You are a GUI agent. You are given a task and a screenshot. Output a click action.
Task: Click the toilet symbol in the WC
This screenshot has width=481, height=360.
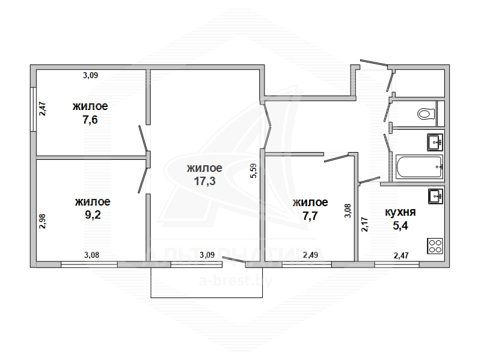[x=426, y=114]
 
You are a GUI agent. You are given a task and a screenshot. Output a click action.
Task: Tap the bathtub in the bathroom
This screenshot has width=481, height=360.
[x=419, y=167]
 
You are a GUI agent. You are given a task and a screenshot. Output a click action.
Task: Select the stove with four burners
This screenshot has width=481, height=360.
[x=435, y=246]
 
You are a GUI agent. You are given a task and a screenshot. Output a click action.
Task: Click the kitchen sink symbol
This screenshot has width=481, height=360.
[x=435, y=197]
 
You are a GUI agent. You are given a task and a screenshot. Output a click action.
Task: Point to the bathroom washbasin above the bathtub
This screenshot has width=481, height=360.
[x=435, y=142]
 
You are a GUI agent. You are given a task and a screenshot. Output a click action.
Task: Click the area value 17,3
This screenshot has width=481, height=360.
[x=204, y=182]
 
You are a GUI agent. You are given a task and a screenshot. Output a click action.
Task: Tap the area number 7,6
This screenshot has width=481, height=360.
[x=90, y=120]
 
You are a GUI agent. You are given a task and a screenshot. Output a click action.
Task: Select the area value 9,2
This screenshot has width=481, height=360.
[x=93, y=215]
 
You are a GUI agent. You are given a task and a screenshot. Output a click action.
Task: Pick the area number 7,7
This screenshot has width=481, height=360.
[x=310, y=216]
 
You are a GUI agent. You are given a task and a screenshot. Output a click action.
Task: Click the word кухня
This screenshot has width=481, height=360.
[x=400, y=212]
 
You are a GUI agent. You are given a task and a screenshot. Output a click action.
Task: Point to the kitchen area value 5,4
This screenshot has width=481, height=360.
[x=400, y=226]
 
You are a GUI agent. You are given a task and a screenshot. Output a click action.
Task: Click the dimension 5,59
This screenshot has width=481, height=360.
[x=254, y=171]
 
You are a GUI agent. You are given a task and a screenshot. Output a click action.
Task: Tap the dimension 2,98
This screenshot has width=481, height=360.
[x=42, y=221]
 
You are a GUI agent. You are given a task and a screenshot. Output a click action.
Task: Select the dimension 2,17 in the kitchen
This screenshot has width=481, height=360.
[x=364, y=224]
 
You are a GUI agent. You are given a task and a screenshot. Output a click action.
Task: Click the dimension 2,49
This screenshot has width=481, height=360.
[x=310, y=255]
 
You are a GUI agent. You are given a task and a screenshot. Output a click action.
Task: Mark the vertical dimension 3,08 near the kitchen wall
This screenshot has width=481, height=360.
[x=348, y=212]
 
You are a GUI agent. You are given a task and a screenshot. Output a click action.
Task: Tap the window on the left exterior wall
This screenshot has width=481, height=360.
[x=33, y=109]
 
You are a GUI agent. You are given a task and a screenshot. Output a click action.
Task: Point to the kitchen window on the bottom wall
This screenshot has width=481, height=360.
[x=397, y=264]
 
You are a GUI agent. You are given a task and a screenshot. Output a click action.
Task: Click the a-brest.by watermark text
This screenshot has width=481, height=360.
[x=236, y=281]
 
